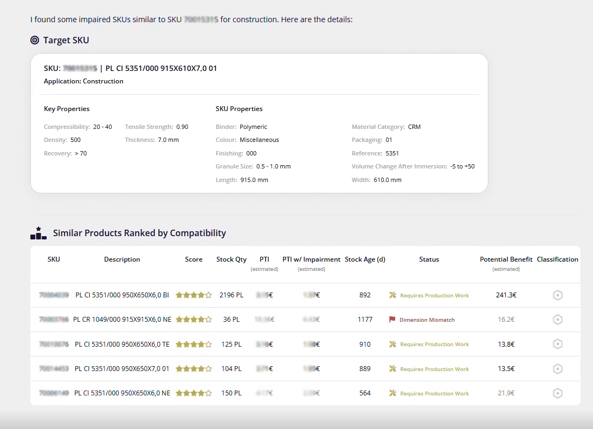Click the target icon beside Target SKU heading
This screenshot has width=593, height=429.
click(35, 40)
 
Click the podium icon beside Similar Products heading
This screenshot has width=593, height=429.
click(38, 233)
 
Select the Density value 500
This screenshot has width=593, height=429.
click(75, 140)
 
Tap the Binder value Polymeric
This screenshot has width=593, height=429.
click(253, 127)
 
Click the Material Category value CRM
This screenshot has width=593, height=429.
click(414, 127)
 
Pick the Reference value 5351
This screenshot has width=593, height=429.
click(392, 153)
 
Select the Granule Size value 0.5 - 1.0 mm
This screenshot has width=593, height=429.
click(273, 166)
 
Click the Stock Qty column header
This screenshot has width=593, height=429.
click(231, 259)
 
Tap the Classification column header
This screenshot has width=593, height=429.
click(557, 259)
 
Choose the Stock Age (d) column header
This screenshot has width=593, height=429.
click(365, 259)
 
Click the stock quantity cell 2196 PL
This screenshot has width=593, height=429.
click(231, 295)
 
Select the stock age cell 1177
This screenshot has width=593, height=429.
click(365, 320)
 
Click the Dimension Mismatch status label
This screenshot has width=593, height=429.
click(427, 320)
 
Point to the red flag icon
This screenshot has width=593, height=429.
click(392, 320)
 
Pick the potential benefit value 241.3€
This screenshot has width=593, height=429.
click(506, 295)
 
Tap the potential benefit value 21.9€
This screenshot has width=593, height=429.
click(506, 393)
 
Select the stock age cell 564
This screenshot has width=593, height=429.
click(365, 393)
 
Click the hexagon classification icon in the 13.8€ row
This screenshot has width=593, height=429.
click(557, 344)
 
